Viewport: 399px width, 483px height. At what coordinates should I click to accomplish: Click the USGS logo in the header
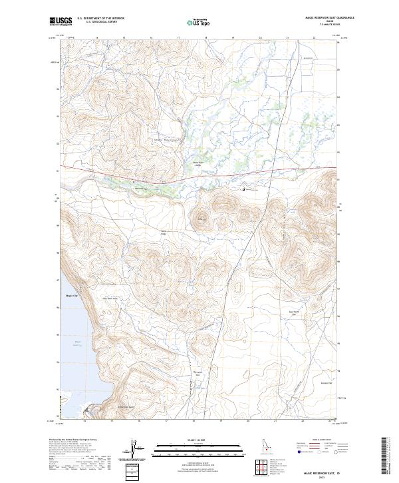(61, 21)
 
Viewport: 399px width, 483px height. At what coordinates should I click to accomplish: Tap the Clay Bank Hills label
(110, 298)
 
